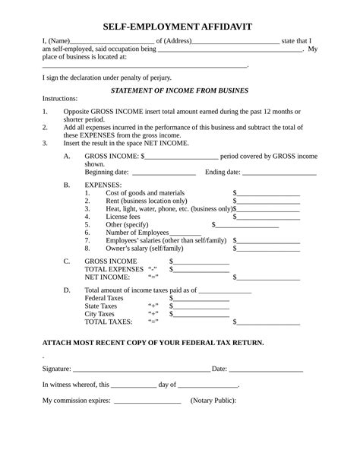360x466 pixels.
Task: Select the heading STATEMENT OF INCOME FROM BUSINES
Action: point(179,90)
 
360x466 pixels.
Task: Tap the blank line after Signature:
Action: point(141,369)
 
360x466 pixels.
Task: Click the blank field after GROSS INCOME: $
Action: point(182,157)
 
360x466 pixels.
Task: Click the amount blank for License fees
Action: point(268,217)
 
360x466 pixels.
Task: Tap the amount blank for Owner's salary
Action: point(268,248)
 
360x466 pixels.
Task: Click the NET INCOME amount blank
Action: point(268,277)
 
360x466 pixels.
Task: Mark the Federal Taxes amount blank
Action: point(201,299)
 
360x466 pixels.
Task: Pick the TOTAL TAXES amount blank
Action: point(268,322)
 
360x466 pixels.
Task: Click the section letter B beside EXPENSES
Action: point(67,185)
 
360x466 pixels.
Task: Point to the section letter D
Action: point(67,290)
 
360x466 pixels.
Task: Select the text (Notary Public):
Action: point(213,401)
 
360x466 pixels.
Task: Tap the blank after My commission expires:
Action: point(147,401)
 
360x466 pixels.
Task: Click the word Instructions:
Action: point(60,99)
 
